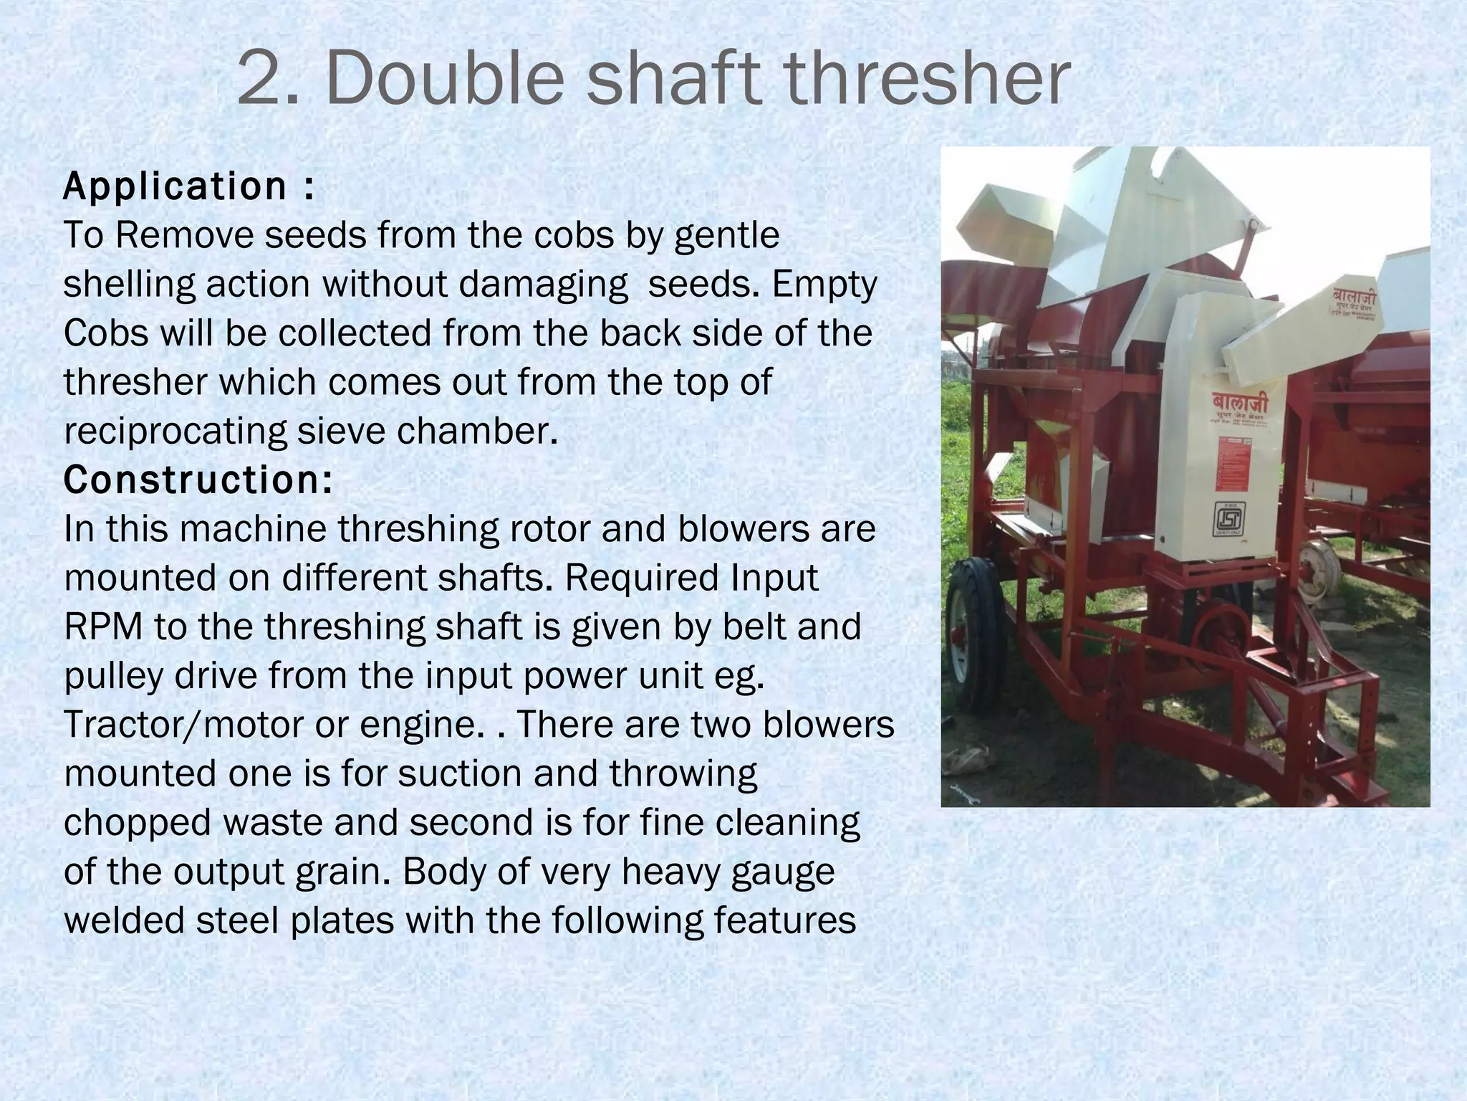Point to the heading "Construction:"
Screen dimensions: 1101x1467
(x=198, y=480)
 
